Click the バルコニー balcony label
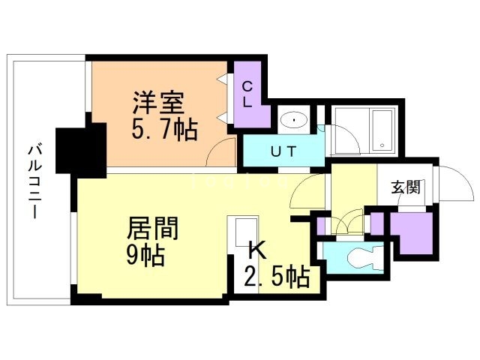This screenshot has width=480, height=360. point(33,180)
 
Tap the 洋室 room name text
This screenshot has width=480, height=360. point(157,102)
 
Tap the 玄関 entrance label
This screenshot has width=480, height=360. point(406,187)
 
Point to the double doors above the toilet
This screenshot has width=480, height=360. point(347,224)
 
